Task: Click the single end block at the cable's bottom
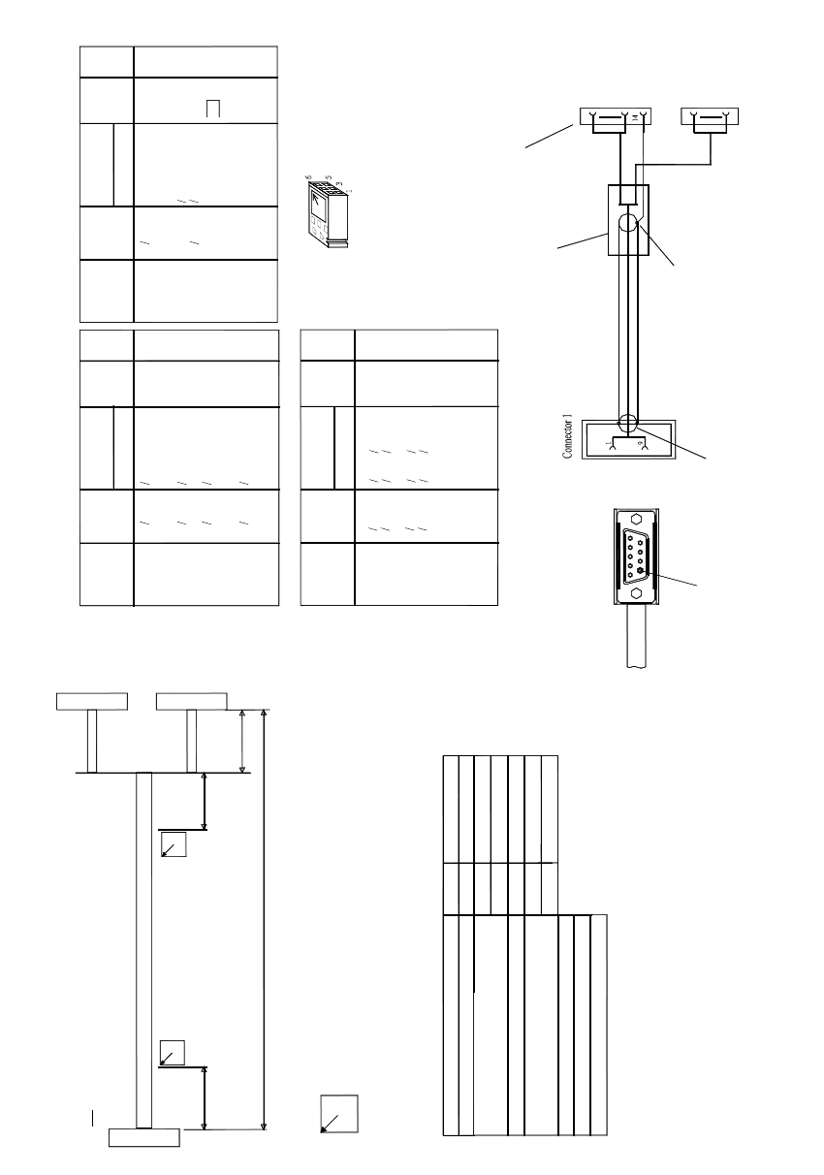point(143,1137)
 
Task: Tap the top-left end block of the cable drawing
point(92,701)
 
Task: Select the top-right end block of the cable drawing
point(192,701)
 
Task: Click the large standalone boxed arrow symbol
point(338,1114)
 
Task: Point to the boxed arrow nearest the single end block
point(173,1055)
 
